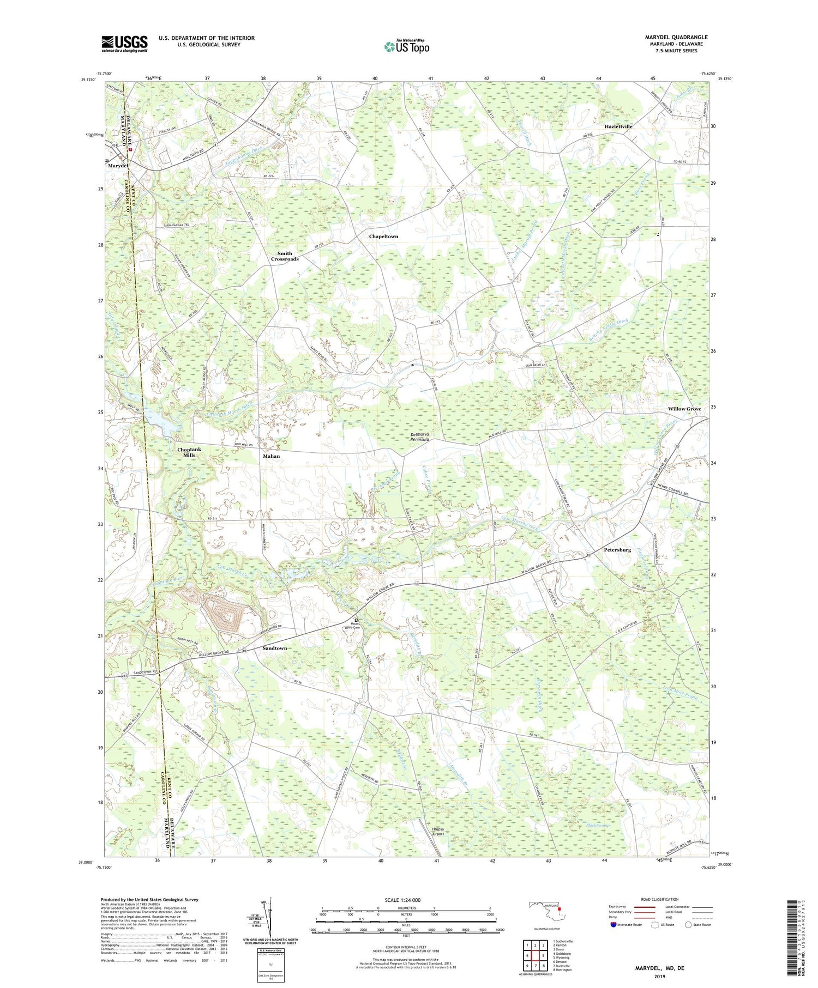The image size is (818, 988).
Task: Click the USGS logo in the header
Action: point(124,44)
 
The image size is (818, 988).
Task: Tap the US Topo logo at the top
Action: point(406,47)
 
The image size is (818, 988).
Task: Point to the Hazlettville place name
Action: point(618,126)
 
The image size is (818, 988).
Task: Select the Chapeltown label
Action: point(383,237)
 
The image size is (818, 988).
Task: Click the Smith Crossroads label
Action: point(285,256)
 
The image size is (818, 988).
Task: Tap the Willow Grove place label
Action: point(684,409)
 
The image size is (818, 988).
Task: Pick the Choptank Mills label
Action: point(189,452)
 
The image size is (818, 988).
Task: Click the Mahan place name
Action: point(271,456)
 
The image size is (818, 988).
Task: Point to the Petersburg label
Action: point(617,550)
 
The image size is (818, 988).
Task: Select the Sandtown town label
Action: point(274,648)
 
